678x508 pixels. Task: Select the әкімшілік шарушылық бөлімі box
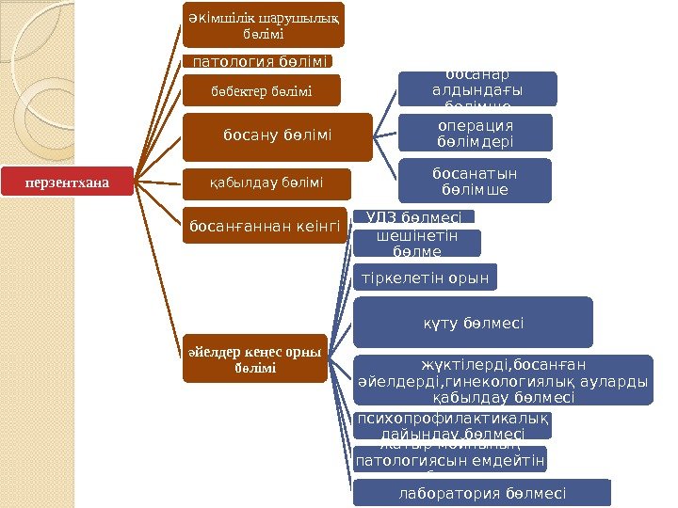point(264,24)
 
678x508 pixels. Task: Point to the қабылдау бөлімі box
point(266,182)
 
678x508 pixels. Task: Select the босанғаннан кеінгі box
point(265,226)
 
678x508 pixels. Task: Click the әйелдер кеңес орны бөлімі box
point(254,358)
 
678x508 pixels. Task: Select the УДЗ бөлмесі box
point(413,217)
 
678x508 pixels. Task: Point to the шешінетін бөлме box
point(416,244)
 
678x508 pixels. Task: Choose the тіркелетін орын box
point(425,278)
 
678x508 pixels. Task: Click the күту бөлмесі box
point(473,323)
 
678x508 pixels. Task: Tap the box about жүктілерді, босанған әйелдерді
point(503,380)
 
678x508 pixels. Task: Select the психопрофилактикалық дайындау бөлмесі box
point(453,425)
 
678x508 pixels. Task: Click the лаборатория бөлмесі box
point(482,492)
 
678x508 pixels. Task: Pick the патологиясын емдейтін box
point(448,460)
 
